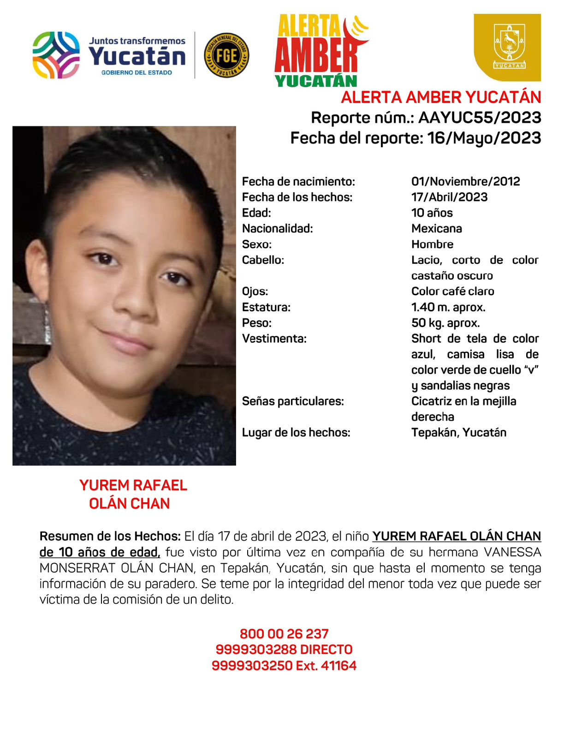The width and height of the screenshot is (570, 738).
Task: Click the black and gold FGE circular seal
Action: pyautogui.click(x=226, y=55)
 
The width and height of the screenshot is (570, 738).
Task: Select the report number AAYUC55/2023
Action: pyautogui.click(x=480, y=118)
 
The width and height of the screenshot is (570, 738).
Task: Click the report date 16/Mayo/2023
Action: pyautogui.click(x=484, y=138)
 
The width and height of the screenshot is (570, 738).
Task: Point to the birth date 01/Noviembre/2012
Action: pyautogui.click(x=465, y=181)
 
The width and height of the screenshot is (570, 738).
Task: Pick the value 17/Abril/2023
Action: pyautogui.click(x=449, y=197)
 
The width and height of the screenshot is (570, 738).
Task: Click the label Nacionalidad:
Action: pyautogui.click(x=277, y=228)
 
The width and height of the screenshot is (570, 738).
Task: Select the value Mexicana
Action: pyautogui.click(x=436, y=228)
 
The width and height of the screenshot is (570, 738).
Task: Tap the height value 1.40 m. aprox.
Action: pyautogui.click(x=448, y=307)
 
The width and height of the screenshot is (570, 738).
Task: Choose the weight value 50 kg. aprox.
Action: pyautogui.click(x=445, y=323)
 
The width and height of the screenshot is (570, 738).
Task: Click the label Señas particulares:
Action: pyautogui.click(x=293, y=401)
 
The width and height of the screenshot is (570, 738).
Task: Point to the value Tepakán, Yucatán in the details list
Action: pyautogui.click(x=458, y=433)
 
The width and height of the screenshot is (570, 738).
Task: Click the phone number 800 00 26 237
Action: pyautogui.click(x=284, y=634)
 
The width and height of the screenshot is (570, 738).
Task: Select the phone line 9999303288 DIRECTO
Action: pyautogui.click(x=284, y=649)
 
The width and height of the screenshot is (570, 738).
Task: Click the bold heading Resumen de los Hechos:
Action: pyautogui.click(x=110, y=536)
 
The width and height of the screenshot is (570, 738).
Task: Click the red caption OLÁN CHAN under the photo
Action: pyautogui.click(x=130, y=504)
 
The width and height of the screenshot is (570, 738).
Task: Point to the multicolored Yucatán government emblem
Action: pyautogui.click(x=56, y=55)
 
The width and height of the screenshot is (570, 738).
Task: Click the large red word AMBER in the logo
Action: pyautogui.click(x=316, y=56)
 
